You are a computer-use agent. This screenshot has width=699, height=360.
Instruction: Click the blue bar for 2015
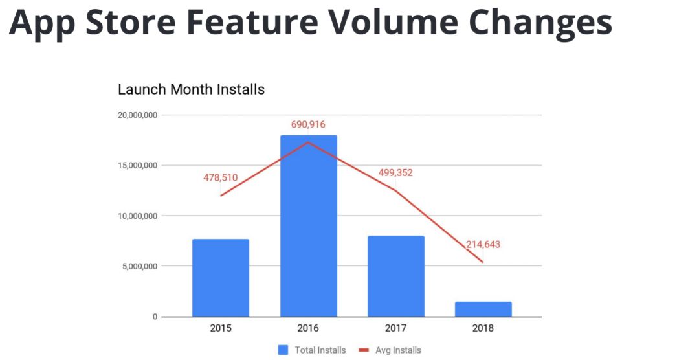[220, 278]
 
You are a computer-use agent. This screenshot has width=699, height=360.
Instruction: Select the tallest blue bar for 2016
[308, 226]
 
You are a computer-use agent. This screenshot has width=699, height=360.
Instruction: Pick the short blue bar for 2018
[483, 309]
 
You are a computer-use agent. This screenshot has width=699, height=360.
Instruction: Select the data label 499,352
[395, 173]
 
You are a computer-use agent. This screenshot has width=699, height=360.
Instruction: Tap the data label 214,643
[483, 245]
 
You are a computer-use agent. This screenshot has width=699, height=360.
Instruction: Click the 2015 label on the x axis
[220, 328]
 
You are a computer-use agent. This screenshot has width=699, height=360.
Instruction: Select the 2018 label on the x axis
[483, 328]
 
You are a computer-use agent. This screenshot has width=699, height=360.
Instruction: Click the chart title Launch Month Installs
[191, 89]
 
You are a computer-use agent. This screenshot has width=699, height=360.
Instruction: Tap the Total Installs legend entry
[313, 350]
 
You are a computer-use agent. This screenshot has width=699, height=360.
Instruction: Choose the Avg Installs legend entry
[390, 350]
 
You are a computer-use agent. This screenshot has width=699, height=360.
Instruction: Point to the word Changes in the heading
[540, 22]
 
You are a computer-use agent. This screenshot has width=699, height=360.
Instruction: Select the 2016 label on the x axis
[308, 328]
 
